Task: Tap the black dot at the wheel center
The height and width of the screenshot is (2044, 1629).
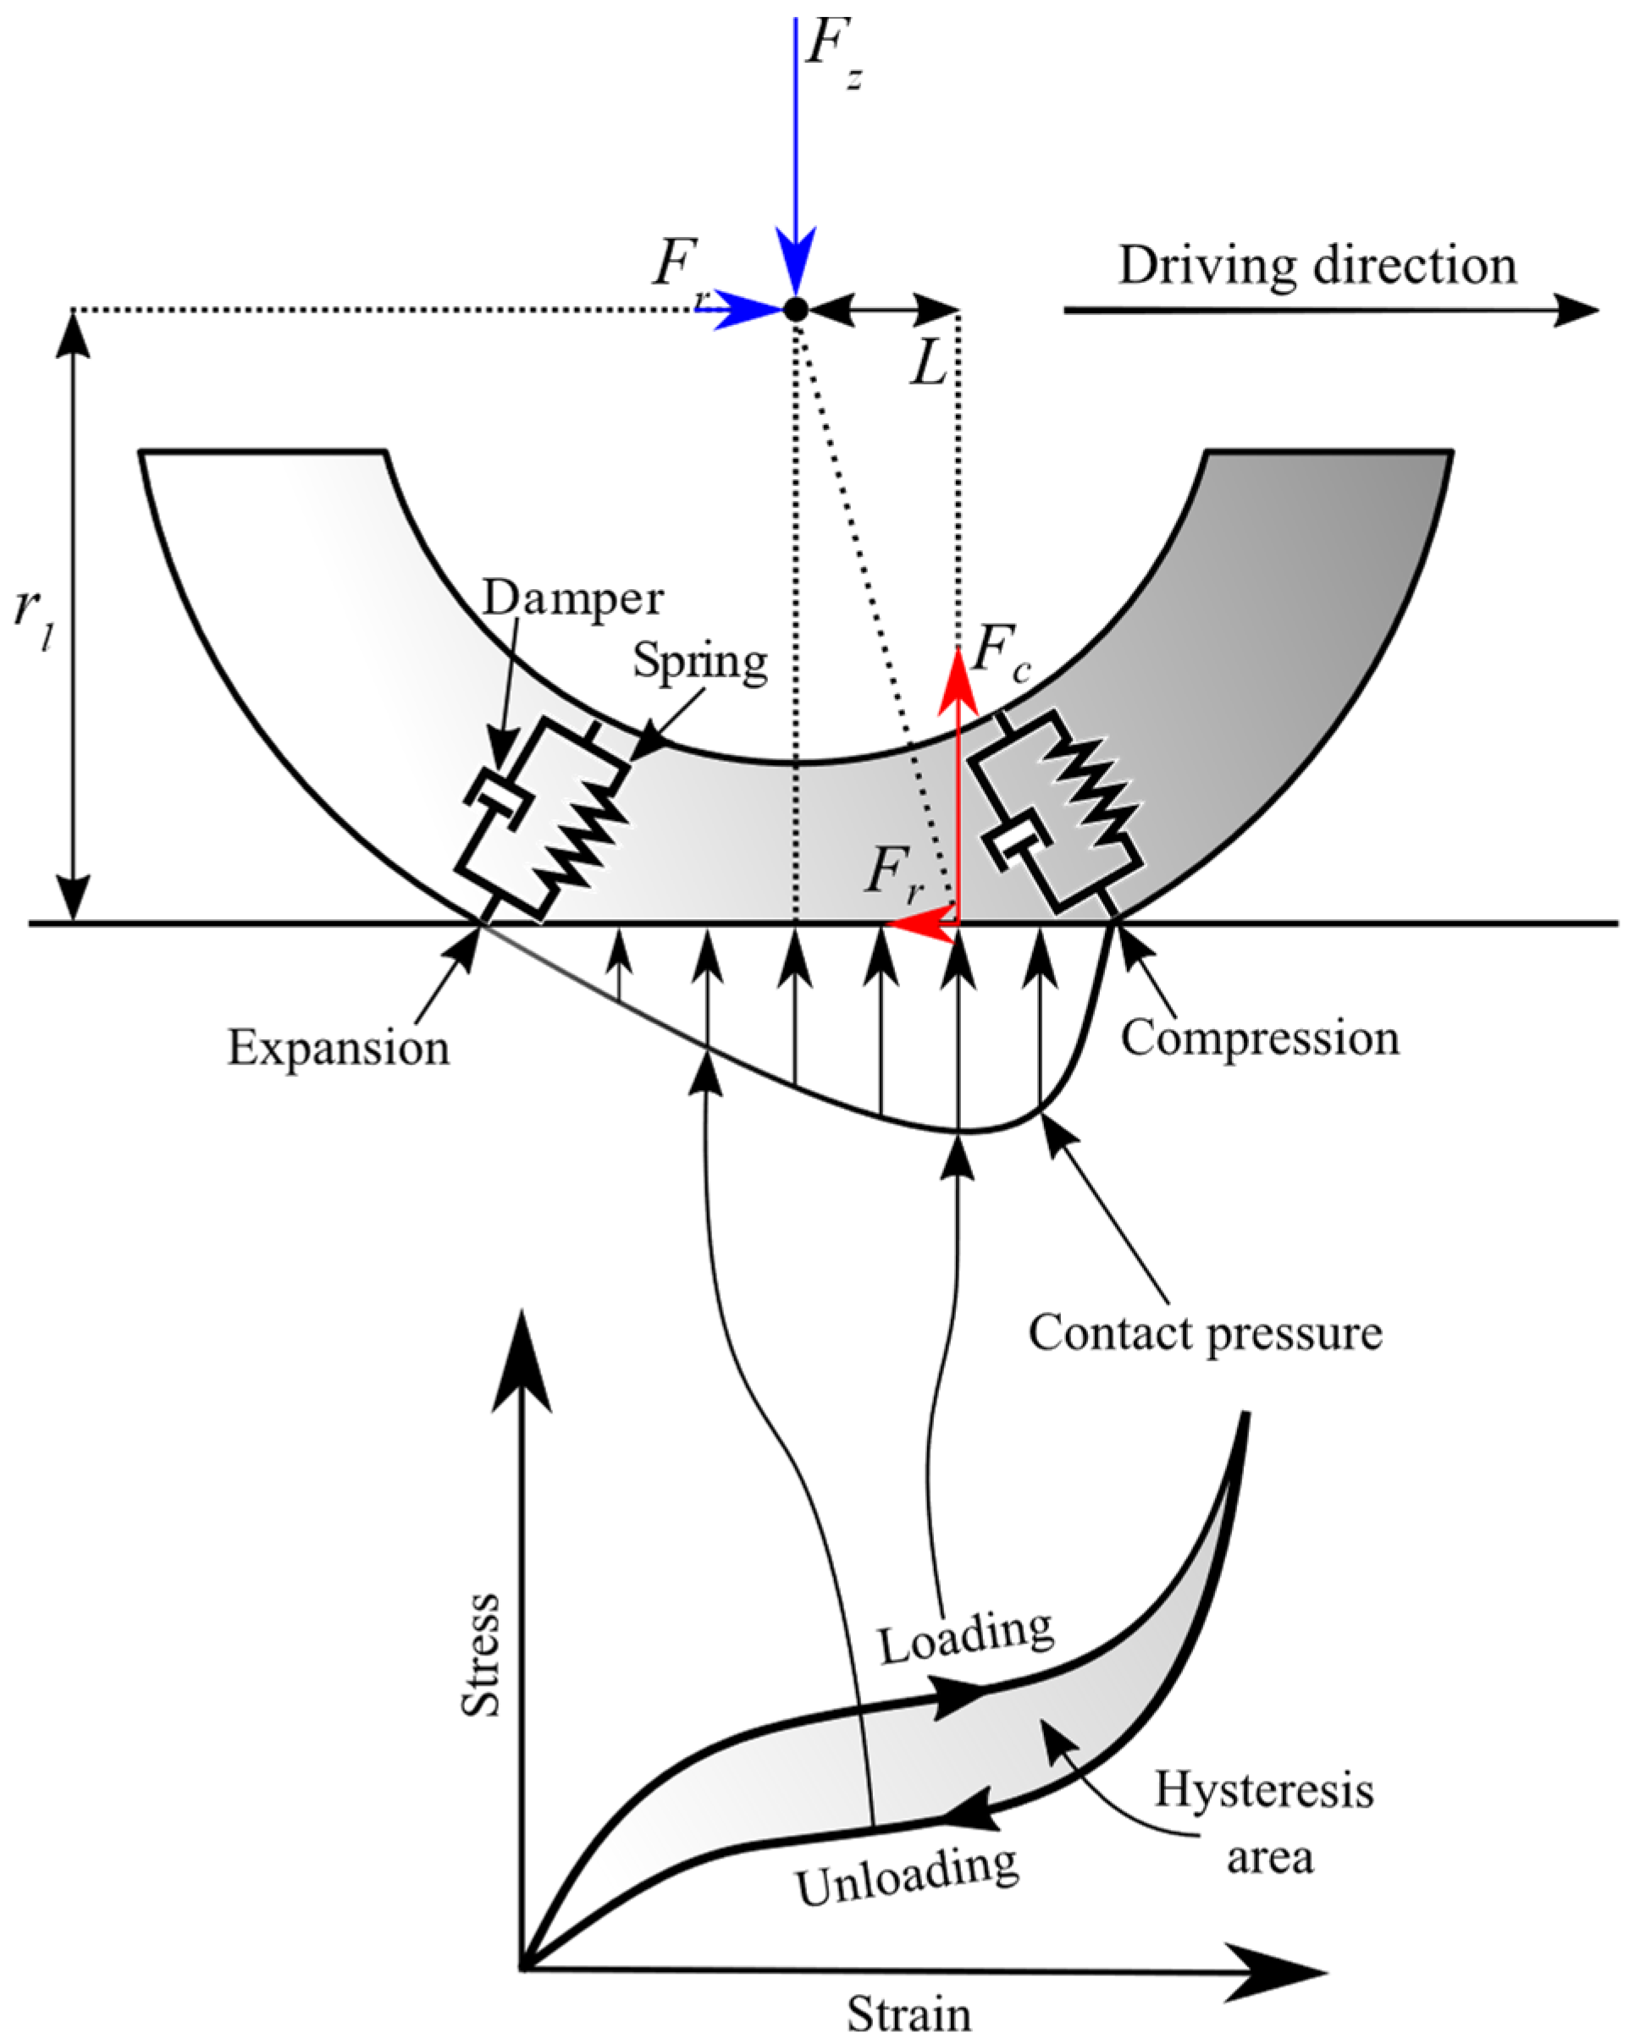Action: tap(796, 309)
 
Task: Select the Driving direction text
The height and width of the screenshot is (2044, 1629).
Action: tap(1317, 267)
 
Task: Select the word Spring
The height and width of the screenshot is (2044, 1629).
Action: tap(699, 661)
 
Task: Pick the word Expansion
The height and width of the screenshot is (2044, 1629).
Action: tap(338, 1049)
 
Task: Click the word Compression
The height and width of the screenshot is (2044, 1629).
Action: tap(1260, 1039)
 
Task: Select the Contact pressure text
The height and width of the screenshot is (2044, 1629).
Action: tap(1205, 1332)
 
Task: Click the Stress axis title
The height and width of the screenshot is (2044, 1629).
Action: tap(481, 1654)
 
